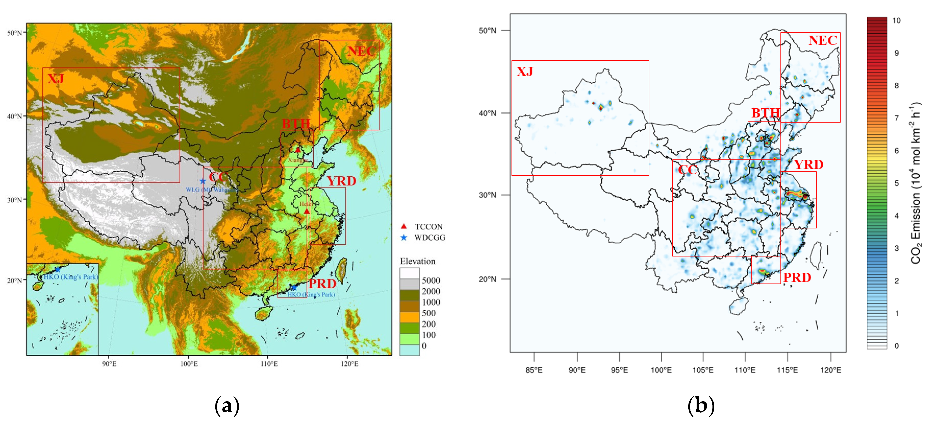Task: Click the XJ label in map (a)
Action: click(56, 79)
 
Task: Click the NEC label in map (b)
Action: click(823, 40)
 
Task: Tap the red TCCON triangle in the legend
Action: click(404, 227)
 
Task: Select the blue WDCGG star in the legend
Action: click(404, 238)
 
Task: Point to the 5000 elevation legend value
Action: click(431, 281)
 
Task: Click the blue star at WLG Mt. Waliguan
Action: click(203, 181)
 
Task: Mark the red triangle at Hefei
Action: click(306, 211)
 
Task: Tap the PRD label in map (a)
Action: click(322, 284)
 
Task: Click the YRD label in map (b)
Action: click(809, 165)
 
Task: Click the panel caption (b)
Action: click(701, 406)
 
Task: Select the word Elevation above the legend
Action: click(418, 261)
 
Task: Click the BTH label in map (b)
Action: click(765, 113)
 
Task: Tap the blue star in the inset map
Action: click(58, 269)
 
